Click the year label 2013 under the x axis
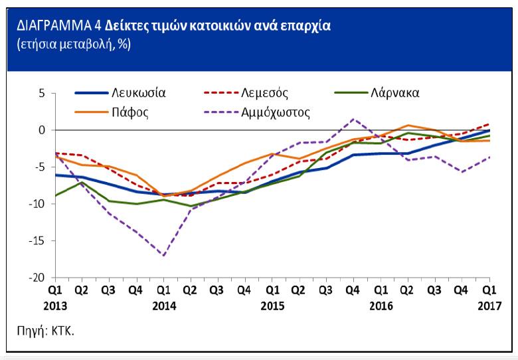tap(56, 306)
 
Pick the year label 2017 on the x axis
tap(490, 306)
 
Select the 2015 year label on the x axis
tap(272, 306)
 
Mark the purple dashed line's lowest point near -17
tap(163, 255)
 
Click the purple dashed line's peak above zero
tap(353, 120)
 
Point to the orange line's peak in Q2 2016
tap(408, 125)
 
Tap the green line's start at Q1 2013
tap(56, 195)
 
